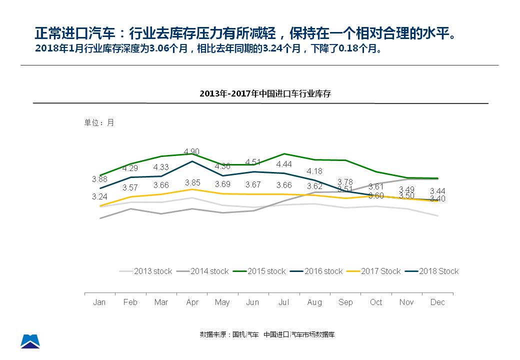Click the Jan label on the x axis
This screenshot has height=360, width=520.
[x=99, y=302]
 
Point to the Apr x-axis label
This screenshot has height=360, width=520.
[x=192, y=302]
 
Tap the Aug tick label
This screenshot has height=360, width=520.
[x=314, y=302]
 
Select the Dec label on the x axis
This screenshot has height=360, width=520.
[x=437, y=302]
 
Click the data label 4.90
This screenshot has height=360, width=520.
[x=192, y=151]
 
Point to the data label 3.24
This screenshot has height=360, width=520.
[x=99, y=197]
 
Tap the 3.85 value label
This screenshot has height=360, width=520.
[x=192, y=183]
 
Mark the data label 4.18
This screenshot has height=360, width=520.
[x=314, y=171]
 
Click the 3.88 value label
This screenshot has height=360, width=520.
[x=99, y=179]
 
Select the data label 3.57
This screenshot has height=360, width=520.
[x=130, y=188]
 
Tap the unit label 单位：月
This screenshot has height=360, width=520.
[x=99, y=122]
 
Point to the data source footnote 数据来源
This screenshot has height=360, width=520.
[x=267, y=334]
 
